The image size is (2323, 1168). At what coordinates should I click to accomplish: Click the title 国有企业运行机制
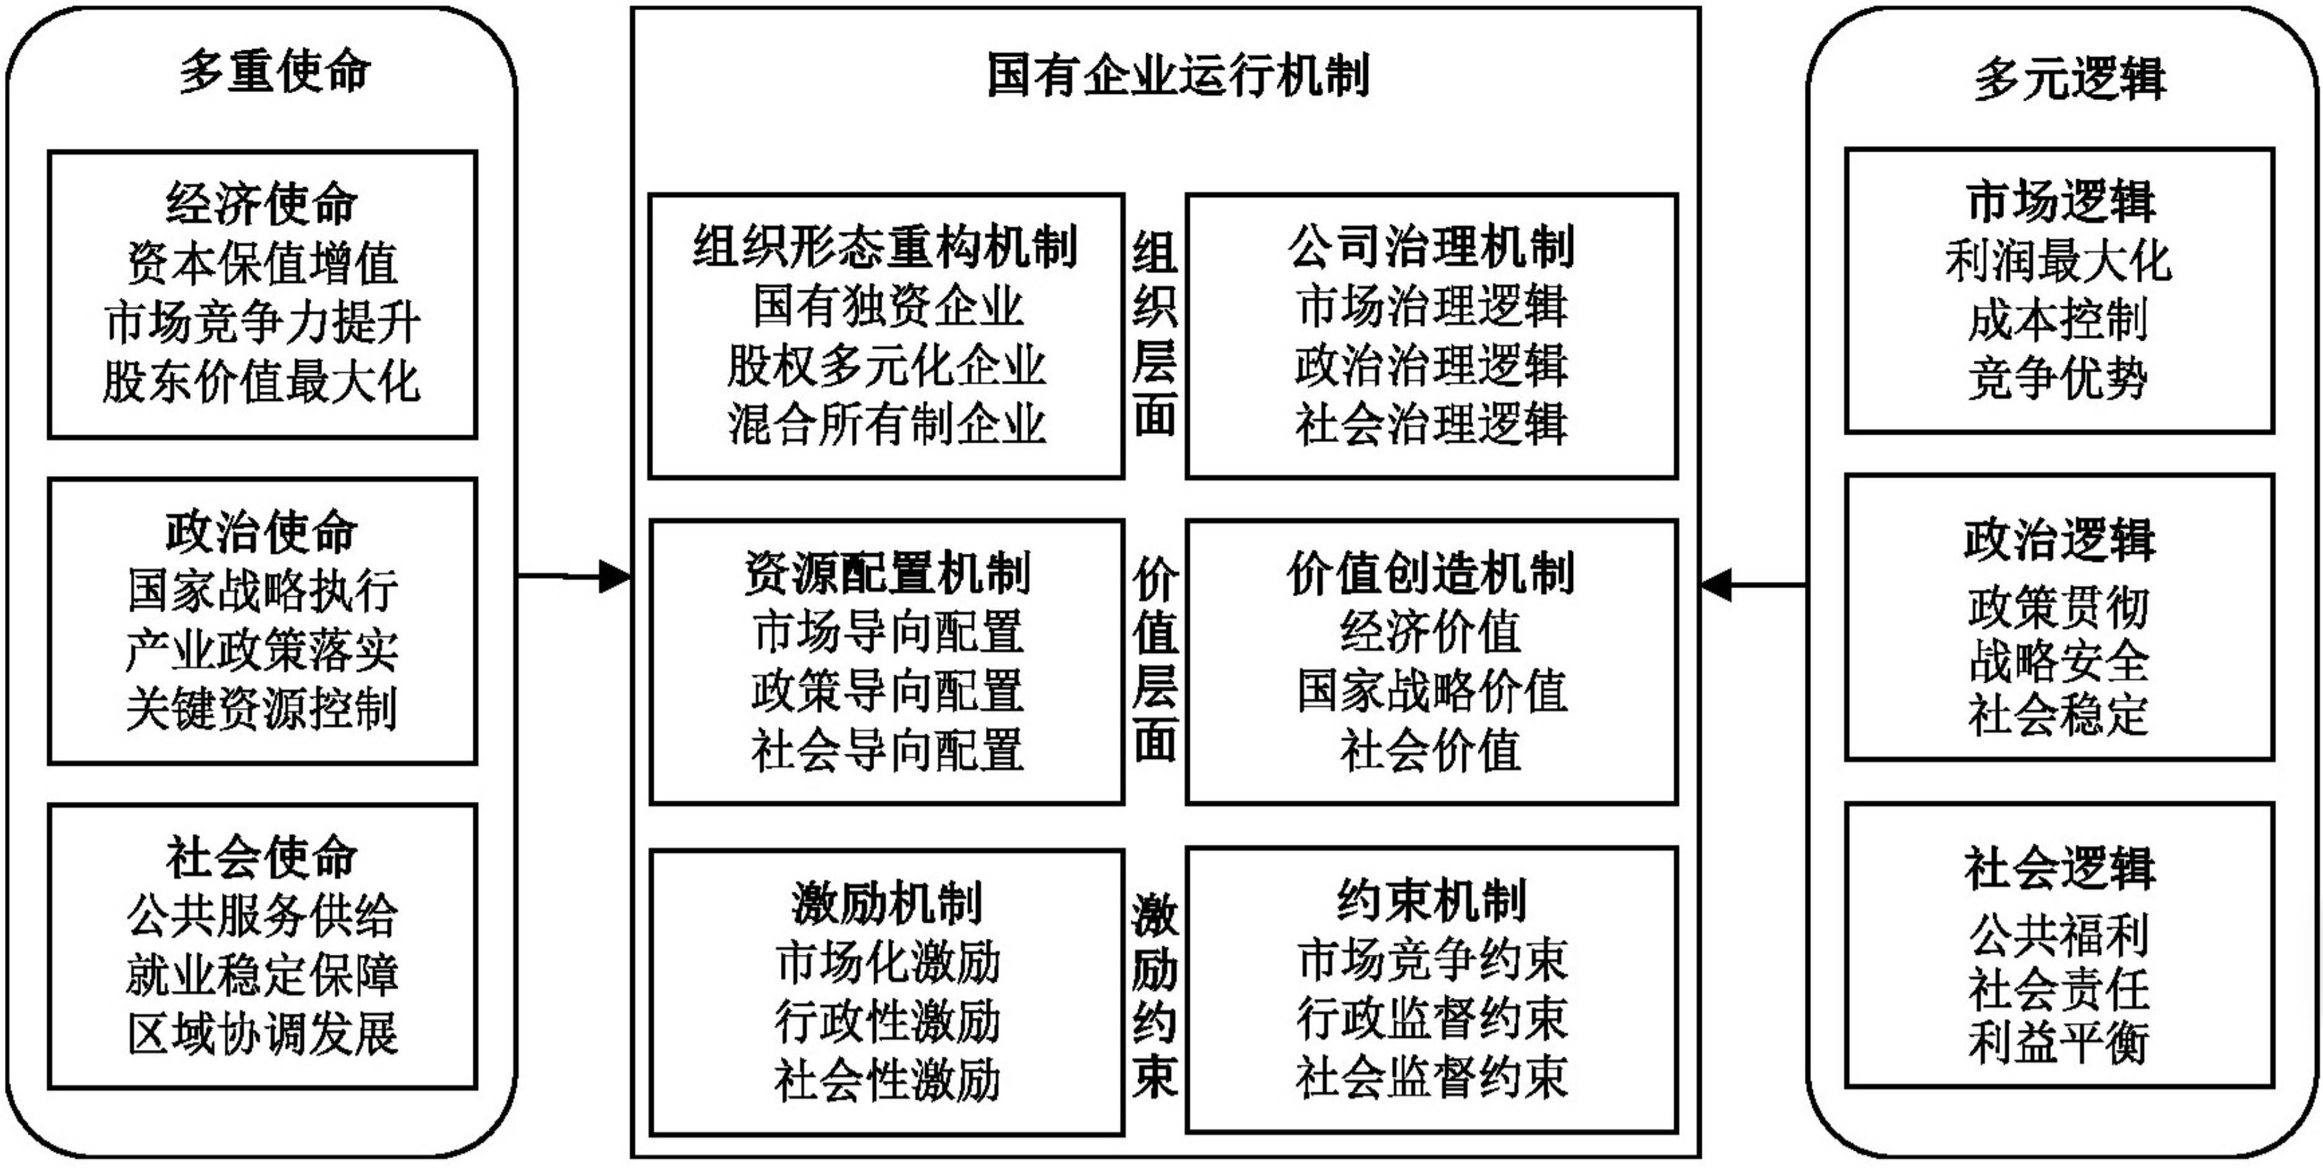(x=1178, y=75)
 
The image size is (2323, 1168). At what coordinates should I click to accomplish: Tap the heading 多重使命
(x=275, y=71)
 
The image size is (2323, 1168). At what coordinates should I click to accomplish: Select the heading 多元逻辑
(x=2070, y=78)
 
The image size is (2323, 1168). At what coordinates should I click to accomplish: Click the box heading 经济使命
(x=262, y=204)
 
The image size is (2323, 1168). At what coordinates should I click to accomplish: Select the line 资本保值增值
(x=262, y=264)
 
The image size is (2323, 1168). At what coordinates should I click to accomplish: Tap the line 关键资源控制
(x=262, y=709)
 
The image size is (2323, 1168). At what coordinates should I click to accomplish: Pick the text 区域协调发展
(x=262, y=1034)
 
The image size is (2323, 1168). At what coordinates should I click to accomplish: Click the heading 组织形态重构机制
(x=885, y=246)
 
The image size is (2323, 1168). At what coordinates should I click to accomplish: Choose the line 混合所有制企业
(x=885, y=424)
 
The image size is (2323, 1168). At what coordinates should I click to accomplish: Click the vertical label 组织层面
(x=1154, y=334)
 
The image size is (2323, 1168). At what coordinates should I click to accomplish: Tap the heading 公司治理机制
(x=1431, y=246)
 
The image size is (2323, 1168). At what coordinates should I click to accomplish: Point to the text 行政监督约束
(x=1431, y=1018)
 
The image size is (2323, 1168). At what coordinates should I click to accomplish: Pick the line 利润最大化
(x=2059, y=262)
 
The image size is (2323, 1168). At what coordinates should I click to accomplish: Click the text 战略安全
(x=2059, y=662)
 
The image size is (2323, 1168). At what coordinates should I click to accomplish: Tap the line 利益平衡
(x=2059, y=1042)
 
